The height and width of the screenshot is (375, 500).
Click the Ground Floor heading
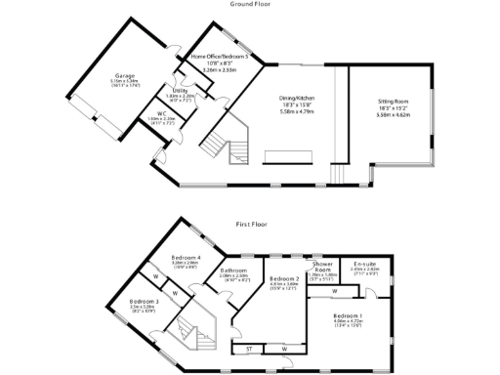pyautogui.click(x=250, y=4)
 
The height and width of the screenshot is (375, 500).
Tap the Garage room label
pyautogui.click(x=124, y=75)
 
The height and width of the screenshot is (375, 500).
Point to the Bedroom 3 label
pyautogui.click(x=144, y=302)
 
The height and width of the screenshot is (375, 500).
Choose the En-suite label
pyautogui.click(x=365, y=265)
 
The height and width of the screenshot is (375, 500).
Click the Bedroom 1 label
pyautogui.click(x=348, y=316)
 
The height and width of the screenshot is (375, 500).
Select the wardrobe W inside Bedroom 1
pyautogui.click(x=335, y=290)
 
